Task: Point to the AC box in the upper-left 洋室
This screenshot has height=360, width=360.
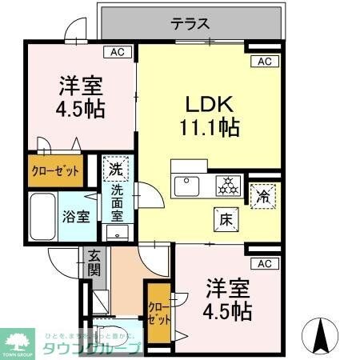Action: pos(117,53)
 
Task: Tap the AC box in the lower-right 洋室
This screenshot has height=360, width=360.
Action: pos(265,263)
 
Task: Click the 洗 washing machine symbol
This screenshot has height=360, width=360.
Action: pos(115,169)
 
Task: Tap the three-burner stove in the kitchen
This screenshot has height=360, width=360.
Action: pos(228,186)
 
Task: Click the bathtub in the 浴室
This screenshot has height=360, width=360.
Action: pos(45,215)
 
